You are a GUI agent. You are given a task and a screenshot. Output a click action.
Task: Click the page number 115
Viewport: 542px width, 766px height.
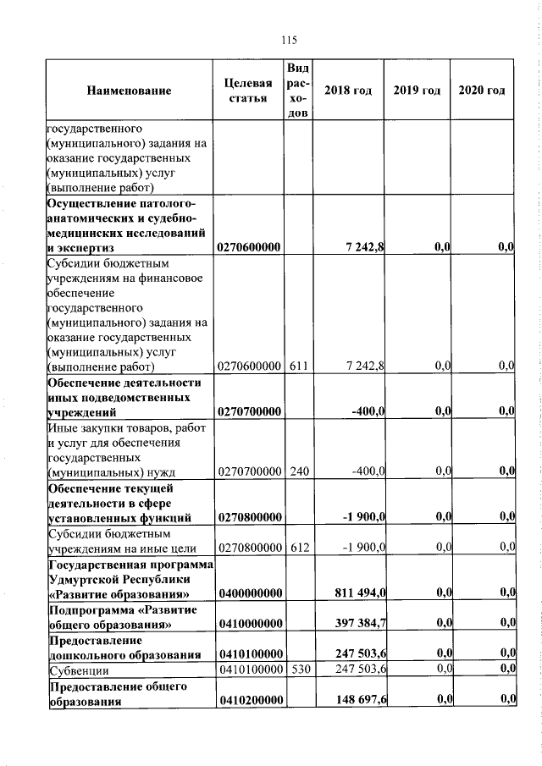point(288,40)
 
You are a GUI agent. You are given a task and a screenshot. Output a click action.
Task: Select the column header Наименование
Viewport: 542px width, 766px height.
point(128,91)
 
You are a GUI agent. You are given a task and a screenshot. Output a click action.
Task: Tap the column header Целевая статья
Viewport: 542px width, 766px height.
point(248,91)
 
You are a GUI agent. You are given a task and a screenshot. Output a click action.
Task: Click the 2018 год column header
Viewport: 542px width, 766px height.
point(349,91)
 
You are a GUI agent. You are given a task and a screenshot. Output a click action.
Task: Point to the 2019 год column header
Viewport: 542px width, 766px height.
point(417,91)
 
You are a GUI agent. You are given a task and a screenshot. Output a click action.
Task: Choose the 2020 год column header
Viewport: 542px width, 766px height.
point(482,91)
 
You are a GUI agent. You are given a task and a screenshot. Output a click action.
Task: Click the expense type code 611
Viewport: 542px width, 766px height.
point(297,366)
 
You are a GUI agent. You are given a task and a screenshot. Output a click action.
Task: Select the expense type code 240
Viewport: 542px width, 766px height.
point(297,471)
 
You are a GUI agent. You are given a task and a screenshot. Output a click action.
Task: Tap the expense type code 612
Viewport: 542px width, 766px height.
point(297,548)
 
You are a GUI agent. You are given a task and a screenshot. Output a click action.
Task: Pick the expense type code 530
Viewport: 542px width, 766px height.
point(297,670)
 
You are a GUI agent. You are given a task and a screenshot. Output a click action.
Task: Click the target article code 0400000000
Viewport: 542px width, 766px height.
point(248,593)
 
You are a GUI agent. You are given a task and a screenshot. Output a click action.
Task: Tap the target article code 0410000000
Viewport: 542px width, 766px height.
point(248,624)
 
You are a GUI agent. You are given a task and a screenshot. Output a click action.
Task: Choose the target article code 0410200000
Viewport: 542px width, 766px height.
point(248,699)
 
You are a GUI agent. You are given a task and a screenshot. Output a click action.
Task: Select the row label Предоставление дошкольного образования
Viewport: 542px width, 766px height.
point(124,647)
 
